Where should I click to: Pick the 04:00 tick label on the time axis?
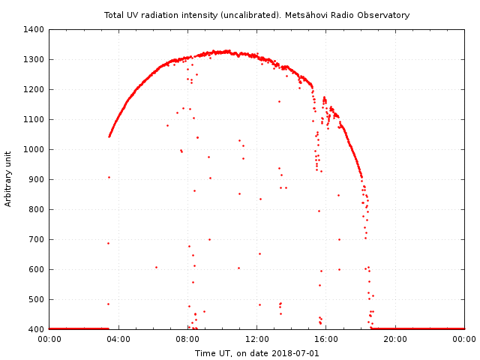click(x=118, y=339)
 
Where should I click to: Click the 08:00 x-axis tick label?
click(x=187, y=339)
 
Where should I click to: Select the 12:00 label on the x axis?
click(x=257, y=339)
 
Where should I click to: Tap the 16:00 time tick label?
click(x=326, y=339)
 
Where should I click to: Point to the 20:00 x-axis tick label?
click(x=395, y=339)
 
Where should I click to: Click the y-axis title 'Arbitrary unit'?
click(x=9, y=179)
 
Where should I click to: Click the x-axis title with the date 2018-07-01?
click(x=257, y=353)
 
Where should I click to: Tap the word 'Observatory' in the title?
click(x=384, y=15)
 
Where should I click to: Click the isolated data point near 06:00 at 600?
click(x=156, y=267)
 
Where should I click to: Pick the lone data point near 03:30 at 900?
click(x=109, y=177)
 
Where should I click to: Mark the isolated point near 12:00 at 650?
click(x=259, y=253)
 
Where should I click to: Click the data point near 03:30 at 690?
click(x=108, y=243)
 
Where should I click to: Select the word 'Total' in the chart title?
click(x=115, y=15)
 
